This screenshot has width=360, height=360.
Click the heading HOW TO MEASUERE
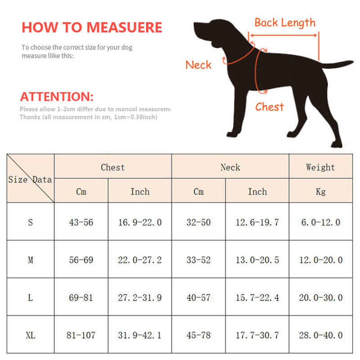(91, 27)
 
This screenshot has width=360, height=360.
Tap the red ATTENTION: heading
(57, 96)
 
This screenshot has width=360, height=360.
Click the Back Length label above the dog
(285, 22)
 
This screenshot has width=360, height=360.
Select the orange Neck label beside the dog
(198, 65)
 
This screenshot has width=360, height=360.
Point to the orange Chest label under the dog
(270, 107)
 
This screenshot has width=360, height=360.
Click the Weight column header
(320, 167)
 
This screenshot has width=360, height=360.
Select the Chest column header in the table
(112, 167)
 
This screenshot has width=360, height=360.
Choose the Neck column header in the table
(230, 167)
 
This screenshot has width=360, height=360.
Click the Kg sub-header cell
(320, 192)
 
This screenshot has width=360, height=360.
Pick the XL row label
(30, 335)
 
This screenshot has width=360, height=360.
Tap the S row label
(30, 222)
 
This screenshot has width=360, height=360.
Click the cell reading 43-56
(81, 222)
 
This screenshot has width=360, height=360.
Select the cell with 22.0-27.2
(139, 260)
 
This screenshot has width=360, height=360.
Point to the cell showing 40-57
(198, 297)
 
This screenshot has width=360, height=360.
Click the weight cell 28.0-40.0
(320, 335)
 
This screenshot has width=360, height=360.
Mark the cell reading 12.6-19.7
(257, 222)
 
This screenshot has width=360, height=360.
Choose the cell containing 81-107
(81, 335)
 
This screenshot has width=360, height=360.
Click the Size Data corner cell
(30, 179)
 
